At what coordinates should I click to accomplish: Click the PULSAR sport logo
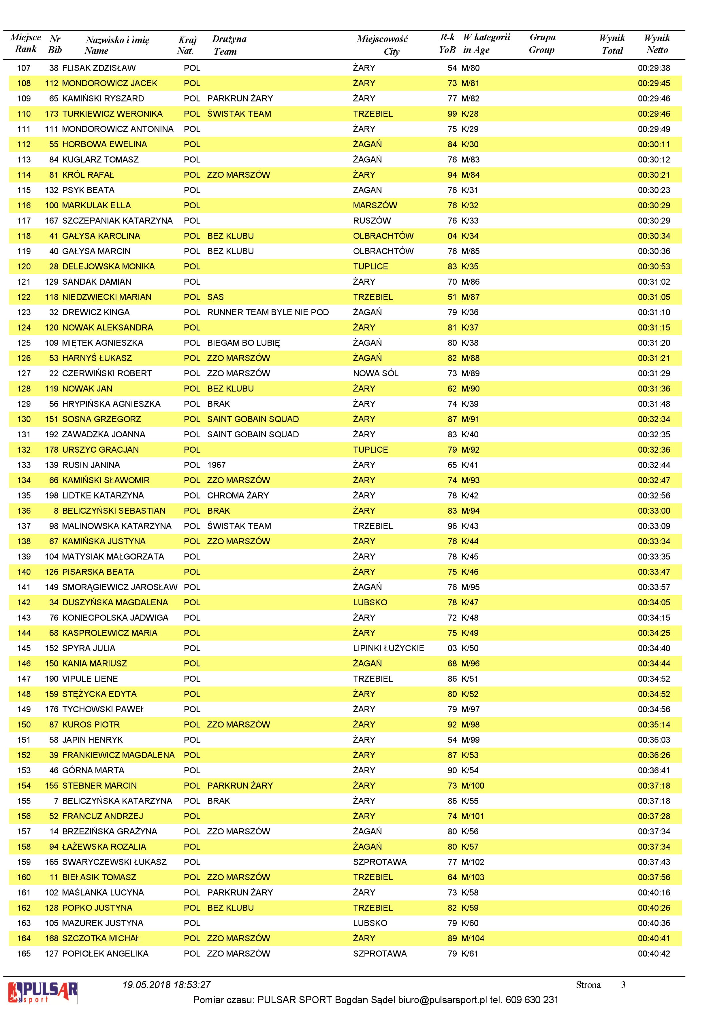click(x=43, y=993)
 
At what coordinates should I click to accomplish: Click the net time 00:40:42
click(x=654, y=953)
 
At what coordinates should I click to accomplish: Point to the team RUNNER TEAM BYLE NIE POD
click(x=268, y=312)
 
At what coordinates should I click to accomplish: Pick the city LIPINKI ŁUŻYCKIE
click(x=388, y=648)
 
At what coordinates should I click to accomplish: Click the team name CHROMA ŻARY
click(x=238, y=495)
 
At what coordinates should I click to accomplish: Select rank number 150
click(x=24, y=724)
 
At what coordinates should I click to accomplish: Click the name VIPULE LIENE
click(x=90, y=679)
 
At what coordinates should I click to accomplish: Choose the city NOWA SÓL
click(x=375, y=373)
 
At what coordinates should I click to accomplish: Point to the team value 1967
click(x=216, y=465)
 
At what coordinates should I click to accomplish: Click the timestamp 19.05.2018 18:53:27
click(x=167, y=984)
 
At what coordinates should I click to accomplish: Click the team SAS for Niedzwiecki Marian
click(x=215, y=297)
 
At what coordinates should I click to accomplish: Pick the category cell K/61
click(x=470, y=953)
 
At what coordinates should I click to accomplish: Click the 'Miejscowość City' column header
click(x=382, y=45)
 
